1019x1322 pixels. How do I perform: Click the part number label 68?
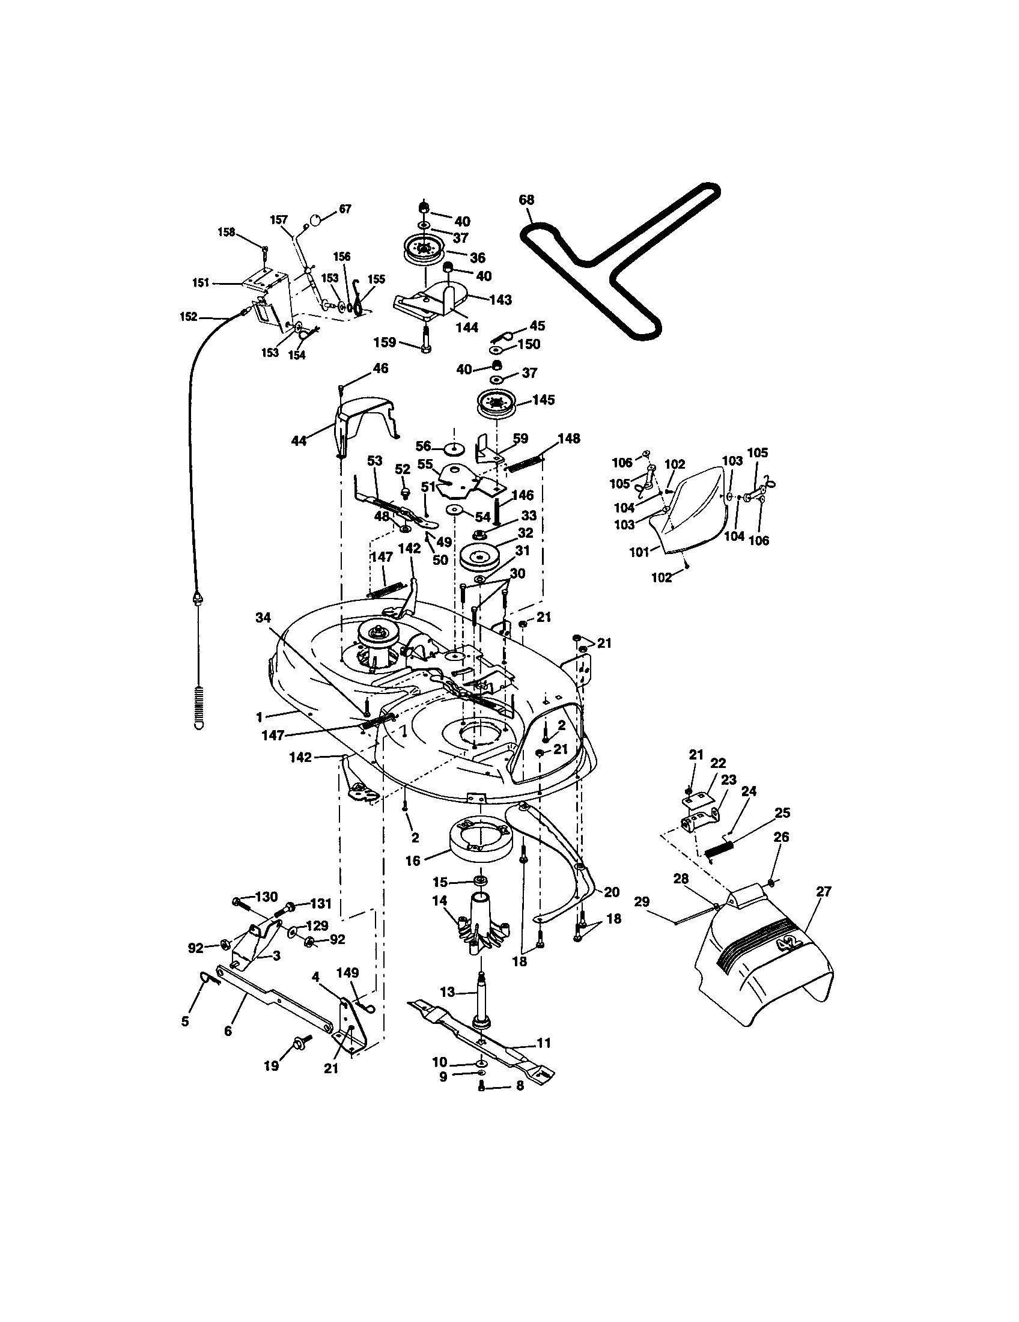tap(526, 200)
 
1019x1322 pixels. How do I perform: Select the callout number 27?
tap(824, 892)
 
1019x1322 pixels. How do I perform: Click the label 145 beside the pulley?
tap(543, 400)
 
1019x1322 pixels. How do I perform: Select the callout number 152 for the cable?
tap(189, 317)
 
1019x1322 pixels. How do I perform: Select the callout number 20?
tap(611, 892)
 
